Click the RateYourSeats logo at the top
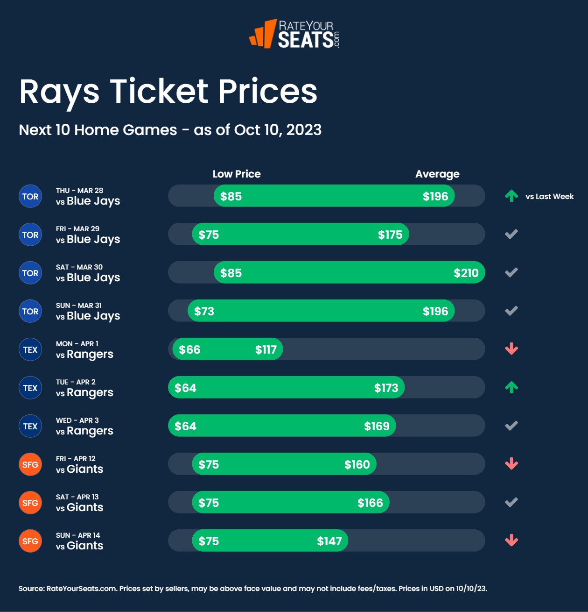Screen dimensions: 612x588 coord(294,34)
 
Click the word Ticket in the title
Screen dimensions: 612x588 coord(159,91)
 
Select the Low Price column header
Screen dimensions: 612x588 coord(237,174)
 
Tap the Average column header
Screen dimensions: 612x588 coord(437,174)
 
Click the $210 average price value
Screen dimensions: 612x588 coord(466,273)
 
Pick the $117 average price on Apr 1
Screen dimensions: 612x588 coord(266,349)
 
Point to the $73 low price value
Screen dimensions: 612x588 coord(204,311)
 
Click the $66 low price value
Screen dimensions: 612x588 coord(189,349)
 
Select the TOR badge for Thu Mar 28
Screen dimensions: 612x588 coord(30,197)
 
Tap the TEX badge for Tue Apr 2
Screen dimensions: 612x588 coord(30,388)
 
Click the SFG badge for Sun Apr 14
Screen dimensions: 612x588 coord(30,541)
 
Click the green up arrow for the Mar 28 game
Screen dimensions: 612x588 coord(511,196)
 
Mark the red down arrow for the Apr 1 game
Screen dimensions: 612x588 coord(511,349)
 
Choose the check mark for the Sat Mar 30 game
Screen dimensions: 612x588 coord(511,272)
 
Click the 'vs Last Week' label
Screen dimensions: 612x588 coord(549,197)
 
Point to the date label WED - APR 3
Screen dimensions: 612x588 coord(77,420)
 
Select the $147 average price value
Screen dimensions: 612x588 coord(329,541)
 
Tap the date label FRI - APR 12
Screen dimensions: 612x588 coord(76,459)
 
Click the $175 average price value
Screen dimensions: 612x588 coord(390,235)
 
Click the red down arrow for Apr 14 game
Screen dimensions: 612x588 coord(511,541)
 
